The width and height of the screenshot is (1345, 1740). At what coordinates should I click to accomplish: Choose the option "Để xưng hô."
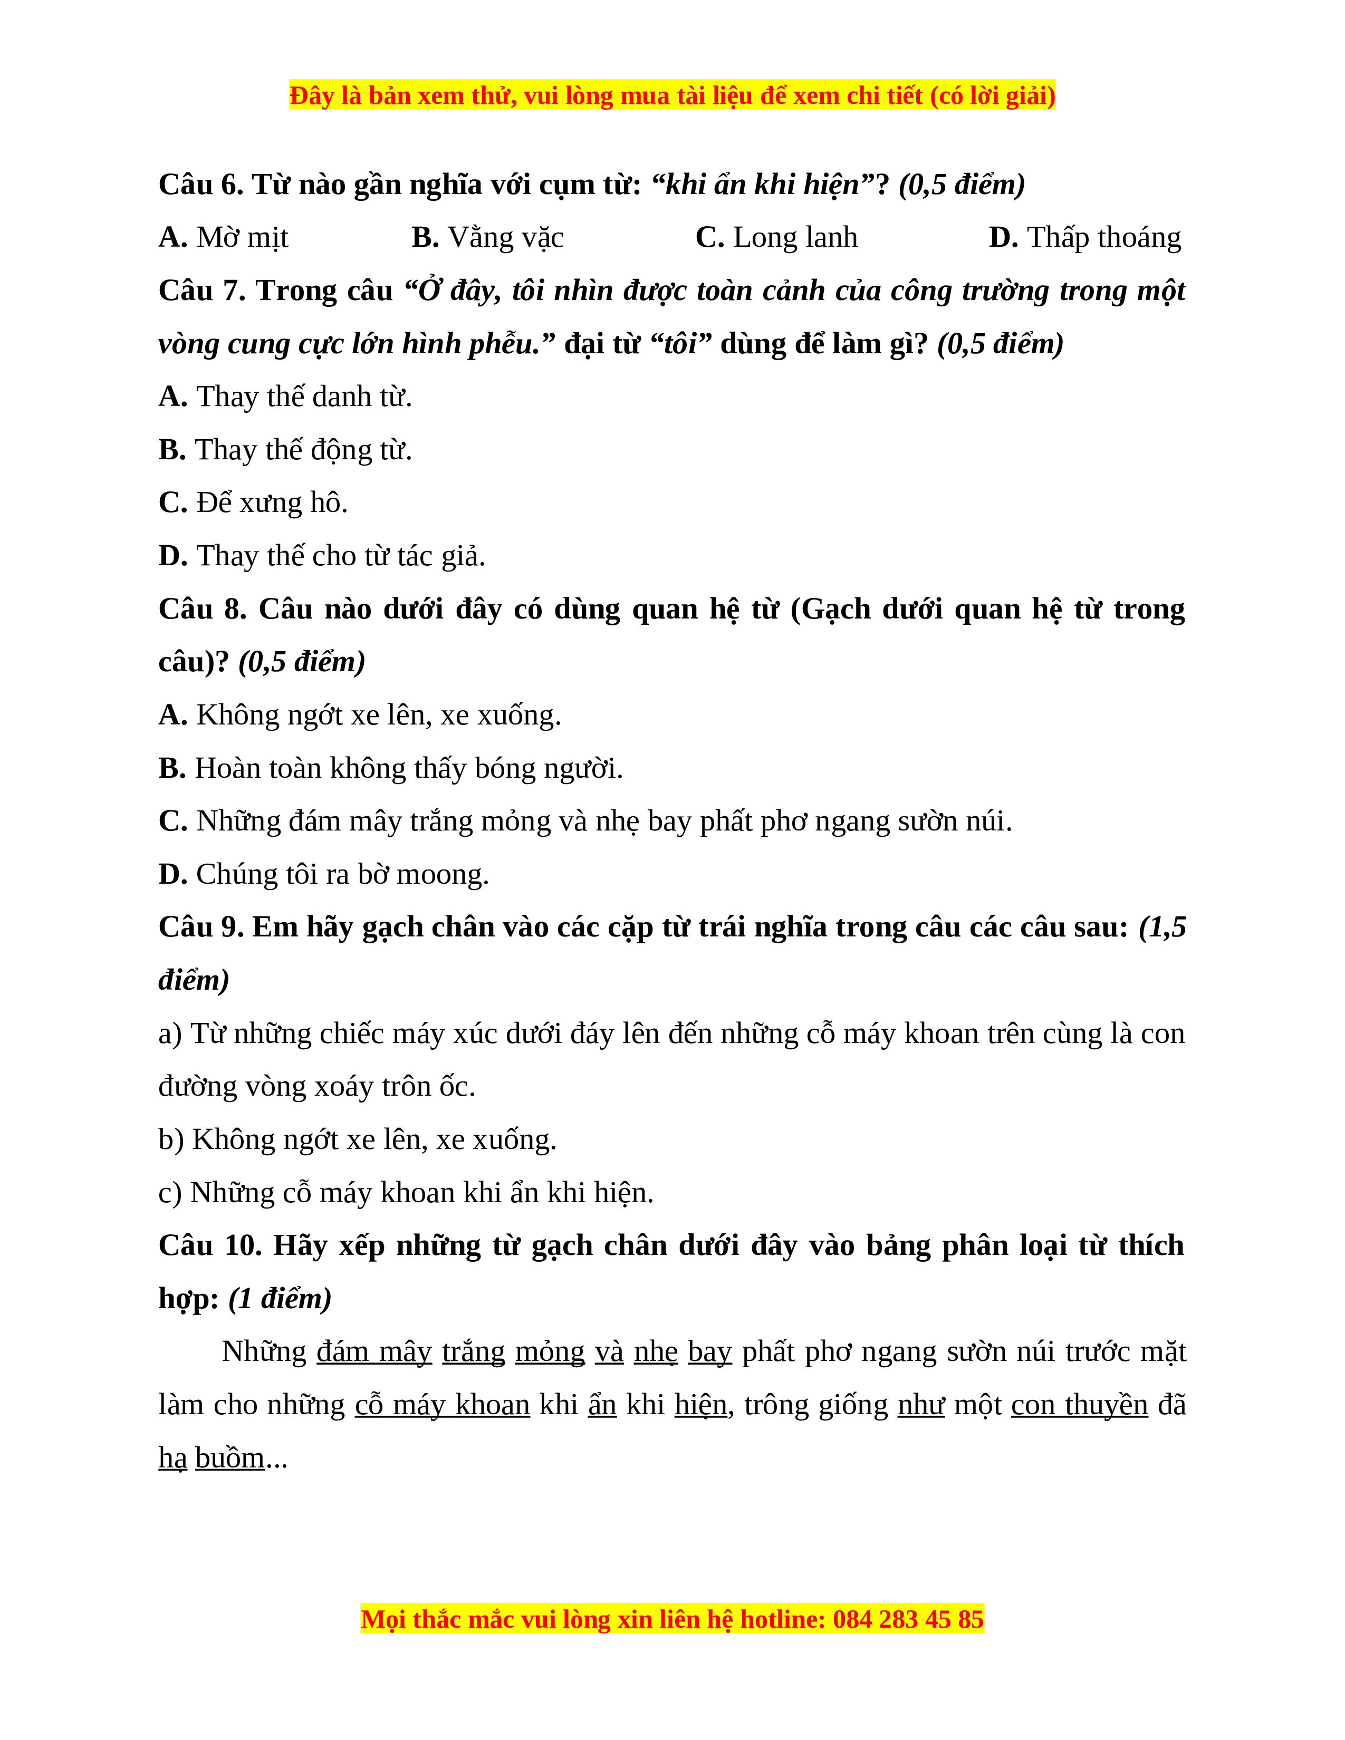[272, 502]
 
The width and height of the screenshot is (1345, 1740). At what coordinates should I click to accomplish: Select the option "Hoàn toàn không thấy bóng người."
[408, 769]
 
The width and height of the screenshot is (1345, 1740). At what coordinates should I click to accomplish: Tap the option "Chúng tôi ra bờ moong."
[342, 875]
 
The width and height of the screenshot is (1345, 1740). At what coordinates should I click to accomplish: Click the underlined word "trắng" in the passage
[473, 1352]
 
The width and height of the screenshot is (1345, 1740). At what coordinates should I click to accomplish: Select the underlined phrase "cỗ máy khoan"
[442, 1405]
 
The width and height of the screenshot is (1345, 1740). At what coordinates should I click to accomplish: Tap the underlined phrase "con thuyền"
[1079, 1405]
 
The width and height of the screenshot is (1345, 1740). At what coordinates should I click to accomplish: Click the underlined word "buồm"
[229, 1458]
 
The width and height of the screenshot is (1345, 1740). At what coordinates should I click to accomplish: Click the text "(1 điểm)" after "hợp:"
[280, 1299]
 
